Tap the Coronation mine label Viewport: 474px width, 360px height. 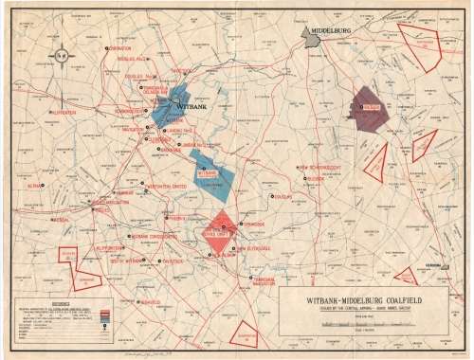tap(119, 48)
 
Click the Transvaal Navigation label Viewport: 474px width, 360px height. tap(269, 284)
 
